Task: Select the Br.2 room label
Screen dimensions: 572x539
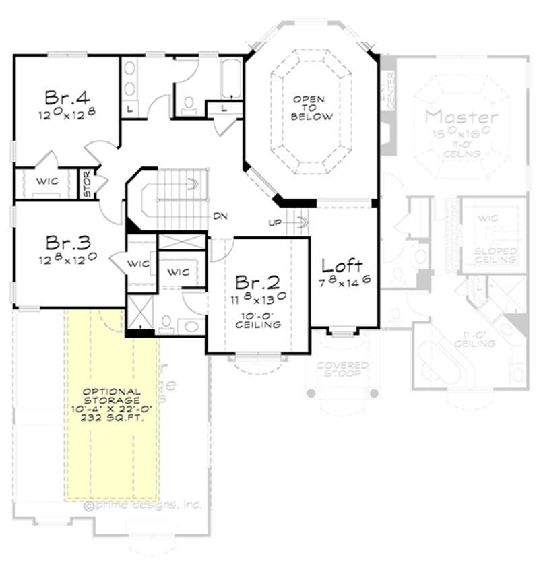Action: point(253,281)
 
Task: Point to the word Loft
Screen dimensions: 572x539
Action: point(342,265)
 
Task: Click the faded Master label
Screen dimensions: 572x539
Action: point(462,117)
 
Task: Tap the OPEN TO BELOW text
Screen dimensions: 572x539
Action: point(312,108)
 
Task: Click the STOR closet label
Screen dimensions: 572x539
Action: point(87,183)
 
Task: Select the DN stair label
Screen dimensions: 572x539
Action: point(220,216)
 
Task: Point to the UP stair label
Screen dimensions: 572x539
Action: point(274,222)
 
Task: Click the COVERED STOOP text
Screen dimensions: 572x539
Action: point(343,369)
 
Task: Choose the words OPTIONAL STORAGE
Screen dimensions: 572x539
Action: point(113,395)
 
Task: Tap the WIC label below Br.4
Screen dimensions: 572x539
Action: point(48,181)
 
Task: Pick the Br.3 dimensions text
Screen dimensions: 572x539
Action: point(65,258)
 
